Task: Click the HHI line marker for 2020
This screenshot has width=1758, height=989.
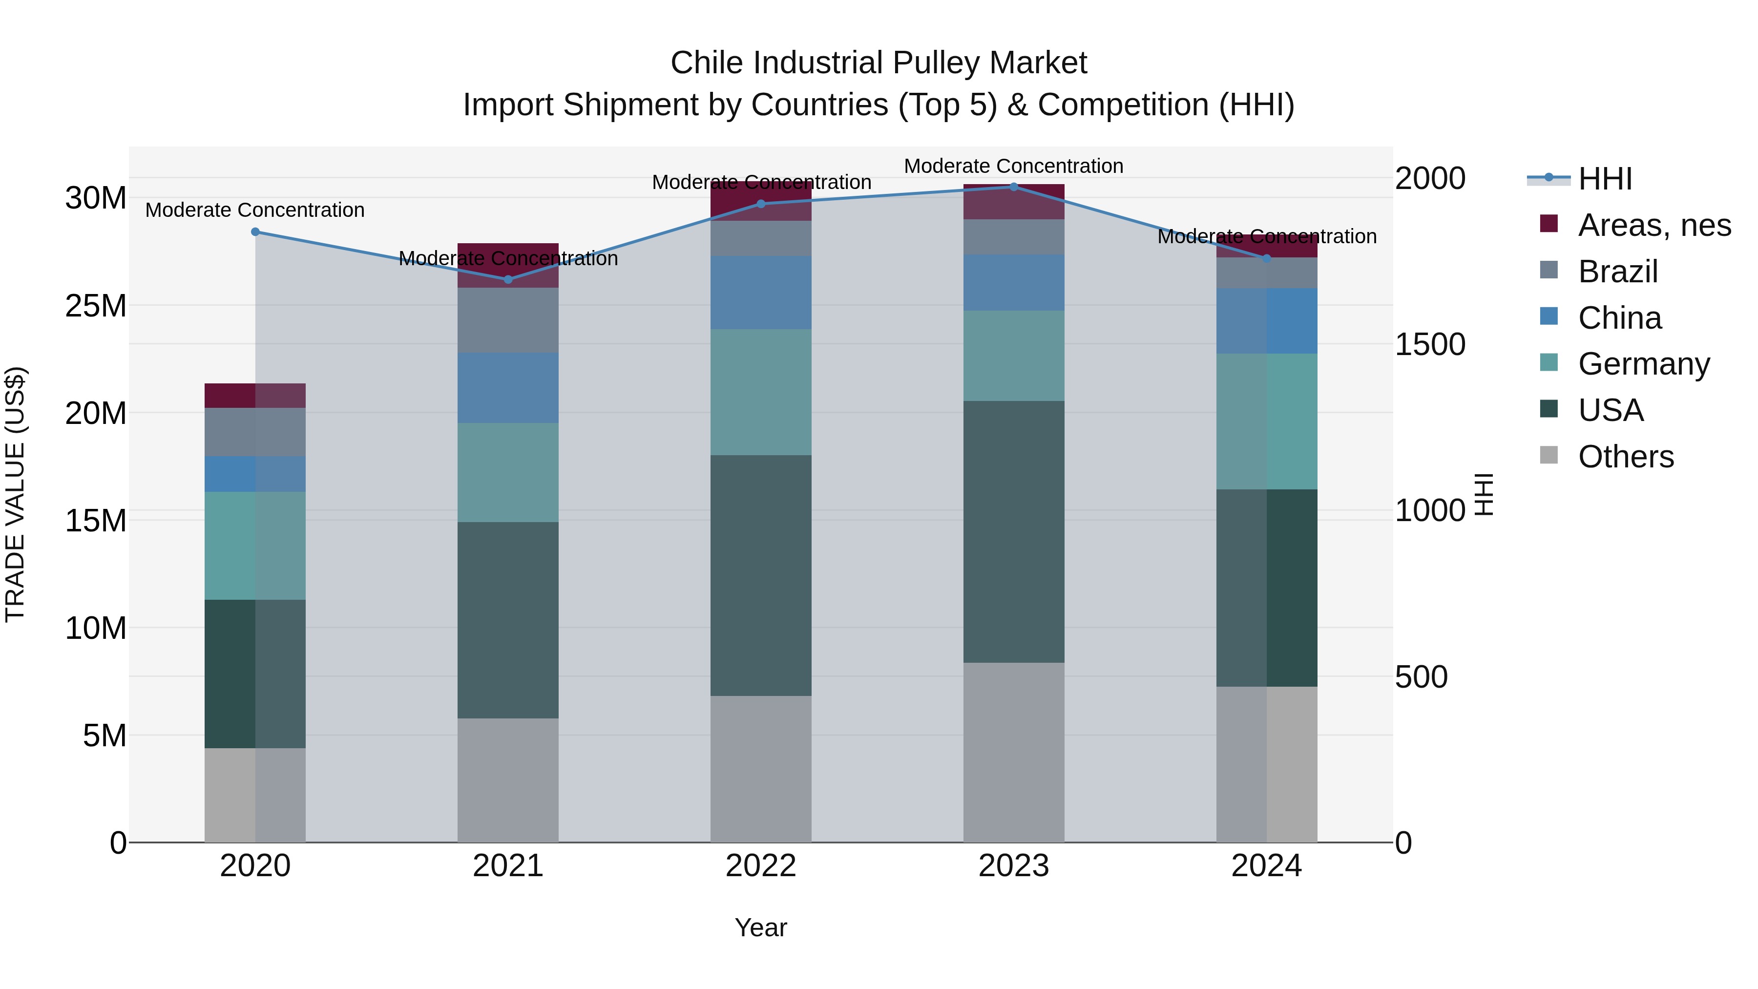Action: click(255, 232)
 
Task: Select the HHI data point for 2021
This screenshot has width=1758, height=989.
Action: click(508, 280)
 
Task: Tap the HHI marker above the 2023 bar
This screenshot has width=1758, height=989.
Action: click(1013, 187)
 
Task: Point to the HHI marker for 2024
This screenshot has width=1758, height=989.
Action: click(1267, 258)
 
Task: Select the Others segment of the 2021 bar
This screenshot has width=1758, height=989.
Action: click(508, 779)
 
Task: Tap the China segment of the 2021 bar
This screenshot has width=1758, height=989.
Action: click(508, 388)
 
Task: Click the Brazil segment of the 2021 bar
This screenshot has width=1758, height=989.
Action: click(508, 319)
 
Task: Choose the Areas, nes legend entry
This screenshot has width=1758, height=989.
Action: click(1654, 225)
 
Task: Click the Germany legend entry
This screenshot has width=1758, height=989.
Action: click(1643, 364)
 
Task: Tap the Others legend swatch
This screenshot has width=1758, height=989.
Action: click(1549, 455)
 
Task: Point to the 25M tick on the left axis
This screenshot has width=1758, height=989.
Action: click(96, 306)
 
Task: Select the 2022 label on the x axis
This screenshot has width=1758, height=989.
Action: click(761, 866)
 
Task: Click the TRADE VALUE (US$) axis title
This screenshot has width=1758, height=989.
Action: click(15, 494)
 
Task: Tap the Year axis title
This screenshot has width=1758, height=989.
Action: click(761, 927)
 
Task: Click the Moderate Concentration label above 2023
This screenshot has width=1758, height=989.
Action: click(1013, 166)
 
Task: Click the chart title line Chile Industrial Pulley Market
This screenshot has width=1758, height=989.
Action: click(879, 63)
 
